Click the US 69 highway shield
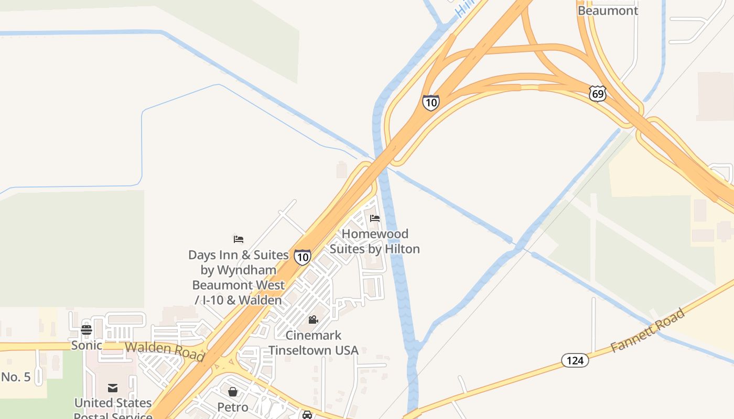click(x=597, y=94)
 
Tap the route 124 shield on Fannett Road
click(x=575, y=360)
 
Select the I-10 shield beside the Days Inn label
click(x=302, y=257)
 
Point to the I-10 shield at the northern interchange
click(x=430, y=102)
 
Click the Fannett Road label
click(x=648, y=330)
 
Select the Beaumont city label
click(x=608, y=10)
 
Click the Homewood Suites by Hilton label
click(x=375, y=241)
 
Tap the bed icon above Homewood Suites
click(x=375, y=218)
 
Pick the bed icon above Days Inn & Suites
click(x=239, y=239)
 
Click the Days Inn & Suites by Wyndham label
click(x=239, y=278)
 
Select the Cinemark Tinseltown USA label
click(x=314, y=343)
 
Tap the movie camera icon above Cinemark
click(x=314, y=319)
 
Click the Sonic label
click(x=87, y=346)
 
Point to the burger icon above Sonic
click(x=87, y=330)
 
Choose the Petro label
click(x=233, y=407)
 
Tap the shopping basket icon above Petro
click(x=233, y=391)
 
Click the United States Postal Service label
click(x=113, y=409)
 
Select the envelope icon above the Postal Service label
click(x=113, y=388)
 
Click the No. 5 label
click(x=16, y=377)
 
